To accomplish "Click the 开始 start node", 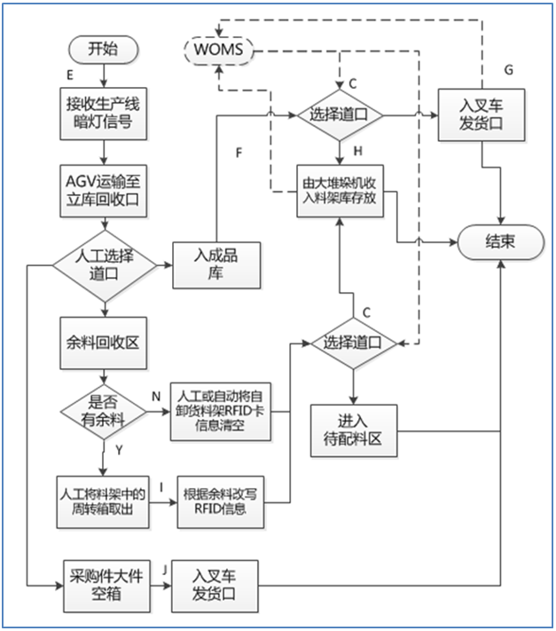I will (x=103, y=50).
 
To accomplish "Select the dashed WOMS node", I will (x=217, y=47).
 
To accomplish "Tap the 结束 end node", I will (x=499, y=241).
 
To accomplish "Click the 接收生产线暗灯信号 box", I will (x=103, y=111).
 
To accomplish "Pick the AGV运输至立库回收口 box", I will (x=103, y=188).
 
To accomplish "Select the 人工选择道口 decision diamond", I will (x=104, y=264).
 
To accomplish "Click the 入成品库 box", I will (x=217, y=264).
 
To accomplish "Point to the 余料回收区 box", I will (x=103, y=340).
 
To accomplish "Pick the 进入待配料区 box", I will (x=353, y=430).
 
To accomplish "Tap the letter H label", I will (x=358, y=152).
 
